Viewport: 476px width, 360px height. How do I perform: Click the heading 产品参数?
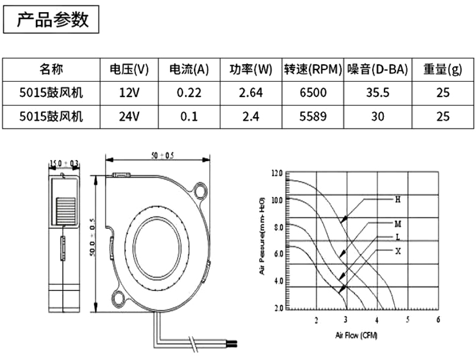(52, 20)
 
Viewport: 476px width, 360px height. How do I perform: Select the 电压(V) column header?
(129, 70)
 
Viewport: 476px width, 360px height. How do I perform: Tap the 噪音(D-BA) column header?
(378, 70)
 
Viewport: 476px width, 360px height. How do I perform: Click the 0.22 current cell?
(189, 93)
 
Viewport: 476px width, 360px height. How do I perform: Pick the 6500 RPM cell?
(313, 93)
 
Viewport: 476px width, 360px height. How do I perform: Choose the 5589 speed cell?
(313, 117)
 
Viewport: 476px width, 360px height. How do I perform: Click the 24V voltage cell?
(129, 117)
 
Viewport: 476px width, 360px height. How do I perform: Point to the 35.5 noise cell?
(378, 93)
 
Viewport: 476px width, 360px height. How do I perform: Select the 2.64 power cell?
(251, 93)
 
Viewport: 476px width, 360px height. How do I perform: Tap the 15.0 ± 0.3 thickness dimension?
(63, 164)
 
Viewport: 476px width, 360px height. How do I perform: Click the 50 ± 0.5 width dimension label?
(162, 156)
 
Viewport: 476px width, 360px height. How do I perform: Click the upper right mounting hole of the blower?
(201, 190)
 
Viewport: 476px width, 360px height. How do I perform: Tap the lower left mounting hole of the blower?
(118, 298)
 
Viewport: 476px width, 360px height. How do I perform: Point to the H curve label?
(398, 200)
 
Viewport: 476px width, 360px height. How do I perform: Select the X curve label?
(398, 251)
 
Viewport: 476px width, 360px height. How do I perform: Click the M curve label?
(398, 224)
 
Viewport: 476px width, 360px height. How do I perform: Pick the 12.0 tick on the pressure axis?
(277, 173)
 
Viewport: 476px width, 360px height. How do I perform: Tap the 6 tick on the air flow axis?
(438, 319)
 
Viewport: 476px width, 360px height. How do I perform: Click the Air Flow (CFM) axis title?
(356, 336)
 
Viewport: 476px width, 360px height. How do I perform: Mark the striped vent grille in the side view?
(65, 211)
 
